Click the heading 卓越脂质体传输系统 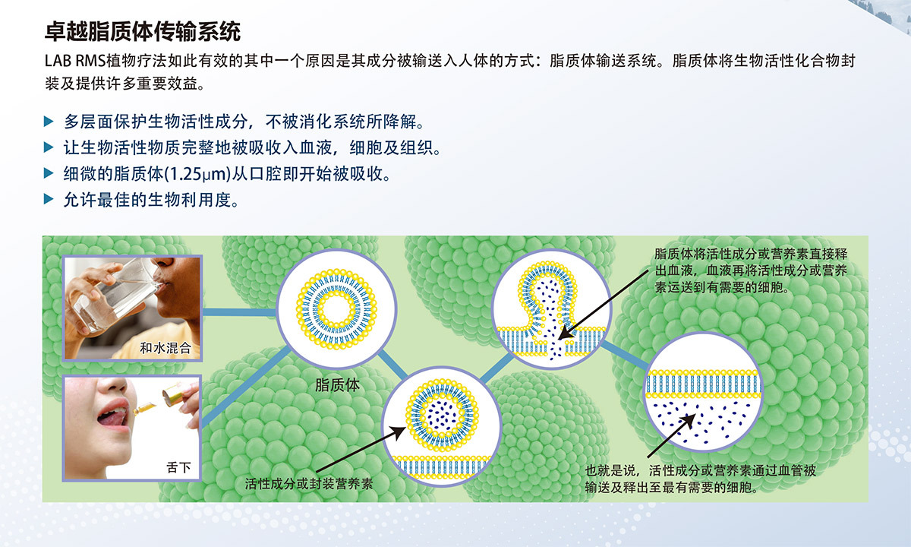point(143,32)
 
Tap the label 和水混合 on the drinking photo point(165,348)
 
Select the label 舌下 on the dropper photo point(178,467)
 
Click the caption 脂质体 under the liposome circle point(338,384)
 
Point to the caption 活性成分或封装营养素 point(309,483)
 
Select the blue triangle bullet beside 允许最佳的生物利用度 point(49,199)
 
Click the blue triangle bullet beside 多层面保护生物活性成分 point(49,122)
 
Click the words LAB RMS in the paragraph point(75,61)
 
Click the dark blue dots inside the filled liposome point(440,415)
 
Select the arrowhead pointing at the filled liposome point(399,432)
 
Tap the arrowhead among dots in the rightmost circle point(689,420)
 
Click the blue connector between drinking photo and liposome point(240,312)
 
